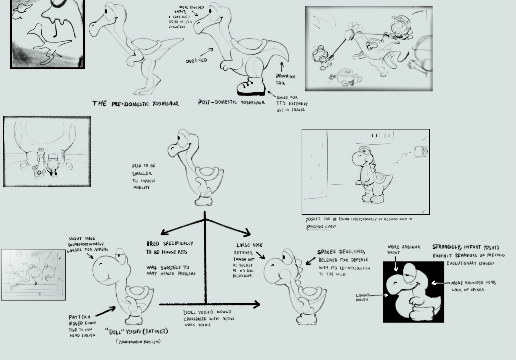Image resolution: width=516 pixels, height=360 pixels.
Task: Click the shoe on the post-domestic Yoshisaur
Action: (x=251, y=87)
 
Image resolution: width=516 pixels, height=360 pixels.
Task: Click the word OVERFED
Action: (x=196, y=61)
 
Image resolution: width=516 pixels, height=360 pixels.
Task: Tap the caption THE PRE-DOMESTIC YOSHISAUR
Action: (x=135, y=103)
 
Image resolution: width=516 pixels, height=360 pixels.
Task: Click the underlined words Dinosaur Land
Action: (x=321, y=227)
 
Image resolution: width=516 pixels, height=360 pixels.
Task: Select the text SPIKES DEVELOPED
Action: (x=341, y=252)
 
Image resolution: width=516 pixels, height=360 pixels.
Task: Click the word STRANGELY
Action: (x=446, y=247)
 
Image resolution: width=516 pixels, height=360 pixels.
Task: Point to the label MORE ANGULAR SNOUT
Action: (x=403, y=249)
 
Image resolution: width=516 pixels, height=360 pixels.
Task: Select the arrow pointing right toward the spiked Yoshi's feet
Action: (x=210, y=304)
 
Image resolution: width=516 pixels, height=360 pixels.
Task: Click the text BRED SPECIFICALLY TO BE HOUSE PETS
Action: (x=169, y=248)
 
